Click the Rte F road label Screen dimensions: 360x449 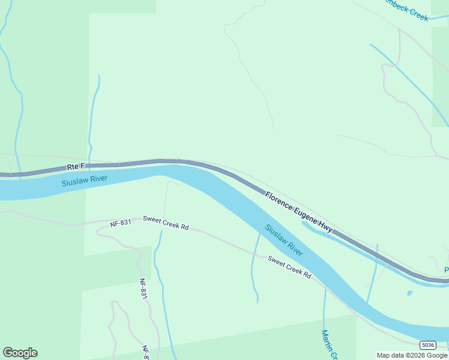tap(76, 166)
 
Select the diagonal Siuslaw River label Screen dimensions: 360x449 tap(284, 240)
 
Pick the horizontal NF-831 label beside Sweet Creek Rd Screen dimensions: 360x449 tap(121, 223)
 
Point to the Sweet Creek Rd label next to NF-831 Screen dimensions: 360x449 tap(166, 223)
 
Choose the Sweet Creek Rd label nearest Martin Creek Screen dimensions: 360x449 tap(289, 268)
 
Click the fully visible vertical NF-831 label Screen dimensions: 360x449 tap(143, 289)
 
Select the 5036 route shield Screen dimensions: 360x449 tap(427, 345)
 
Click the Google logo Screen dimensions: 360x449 tap(20, 353)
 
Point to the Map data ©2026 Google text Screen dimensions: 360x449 tap(412, 355)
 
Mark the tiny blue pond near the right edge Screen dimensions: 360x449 tap(409, 293)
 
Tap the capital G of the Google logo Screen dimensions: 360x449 tap(8, 353)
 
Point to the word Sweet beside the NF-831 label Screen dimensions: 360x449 tap(152, 220)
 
